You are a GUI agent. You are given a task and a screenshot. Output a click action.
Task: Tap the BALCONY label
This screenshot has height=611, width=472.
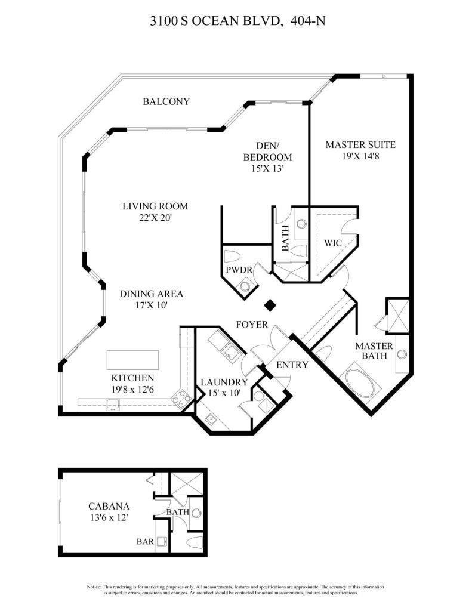click(166, 101)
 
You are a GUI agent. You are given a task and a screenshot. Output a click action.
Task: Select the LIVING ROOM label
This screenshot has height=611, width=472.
click(155, 206)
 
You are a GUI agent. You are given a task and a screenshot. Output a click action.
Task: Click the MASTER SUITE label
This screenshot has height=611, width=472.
click(360, 144)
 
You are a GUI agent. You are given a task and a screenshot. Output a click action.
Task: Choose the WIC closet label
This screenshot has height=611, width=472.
click(332, 243)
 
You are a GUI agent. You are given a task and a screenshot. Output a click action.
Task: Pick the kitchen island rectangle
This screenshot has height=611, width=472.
click(133, 360)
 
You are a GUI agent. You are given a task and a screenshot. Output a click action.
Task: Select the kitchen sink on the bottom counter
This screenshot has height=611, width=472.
click(112, 405)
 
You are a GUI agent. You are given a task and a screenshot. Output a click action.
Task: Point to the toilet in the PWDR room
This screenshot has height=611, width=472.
click(233, 257)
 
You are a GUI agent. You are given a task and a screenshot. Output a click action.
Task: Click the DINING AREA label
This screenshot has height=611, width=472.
click(151, 294)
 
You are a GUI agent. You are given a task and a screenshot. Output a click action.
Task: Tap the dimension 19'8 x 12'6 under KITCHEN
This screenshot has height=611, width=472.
click(132, 390)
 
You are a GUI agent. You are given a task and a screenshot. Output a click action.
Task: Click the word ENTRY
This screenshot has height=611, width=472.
click(292, 365)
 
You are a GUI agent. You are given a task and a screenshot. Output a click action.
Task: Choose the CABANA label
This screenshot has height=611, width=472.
click(106, 506)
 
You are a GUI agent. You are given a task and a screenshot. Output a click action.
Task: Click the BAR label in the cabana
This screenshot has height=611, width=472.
click(146, 542)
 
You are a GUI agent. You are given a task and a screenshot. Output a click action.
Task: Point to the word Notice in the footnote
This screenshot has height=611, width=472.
click(95, 587)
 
